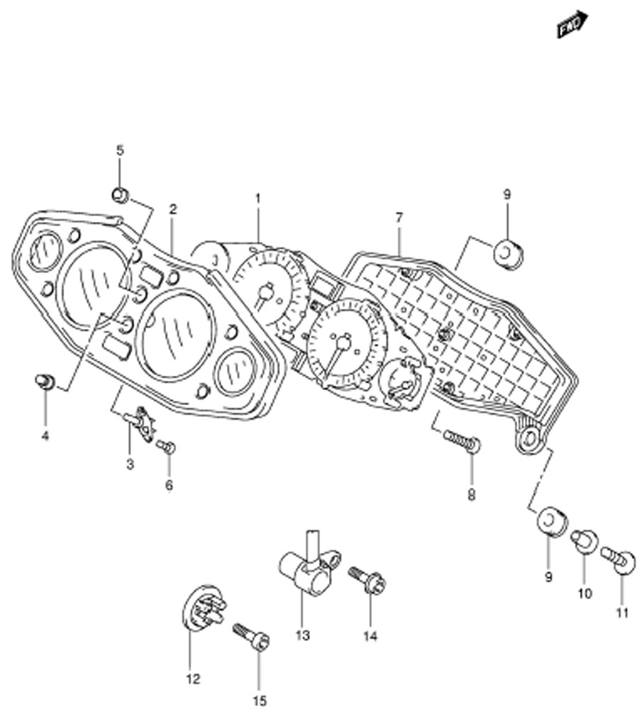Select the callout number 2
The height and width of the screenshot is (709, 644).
(173, 208)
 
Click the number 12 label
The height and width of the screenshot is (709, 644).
(193, 679)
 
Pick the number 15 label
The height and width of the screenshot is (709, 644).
(260, 700)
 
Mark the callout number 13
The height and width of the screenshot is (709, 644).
(303, 635)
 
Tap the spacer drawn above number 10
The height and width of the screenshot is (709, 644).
(584, 541)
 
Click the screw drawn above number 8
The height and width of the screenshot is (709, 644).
(462, 442)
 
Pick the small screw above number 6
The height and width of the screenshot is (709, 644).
(166, 447)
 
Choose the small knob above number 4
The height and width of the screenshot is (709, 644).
(45, 381)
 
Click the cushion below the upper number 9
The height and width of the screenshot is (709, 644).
(508, 253)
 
